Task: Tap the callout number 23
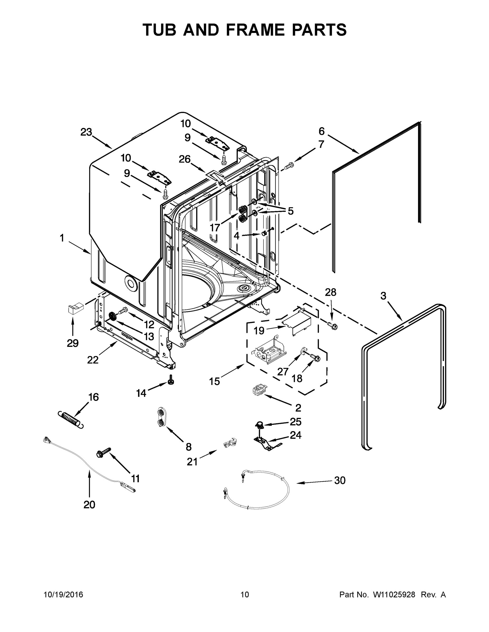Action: point(86,132)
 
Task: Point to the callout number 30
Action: point(340,480)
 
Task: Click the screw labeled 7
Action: point(289,166)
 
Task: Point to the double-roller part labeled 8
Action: point(160,416)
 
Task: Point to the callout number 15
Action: point(214,381)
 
